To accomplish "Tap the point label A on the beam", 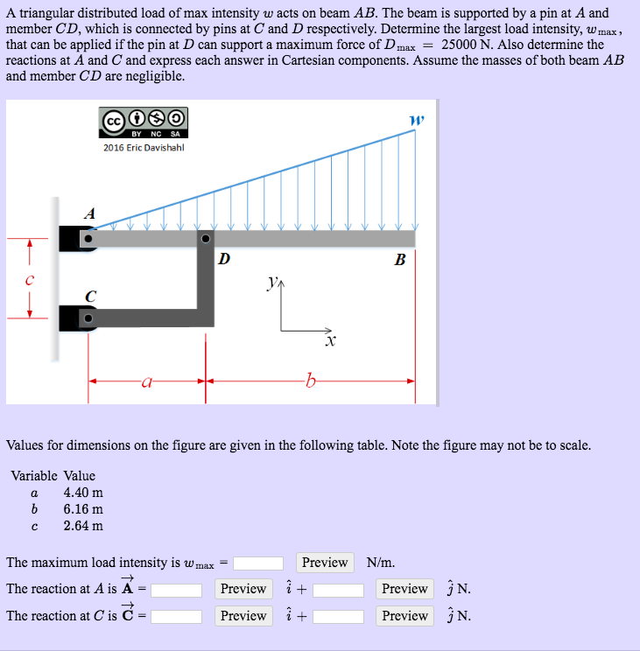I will [88, 213].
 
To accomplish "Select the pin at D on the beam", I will [206, 238].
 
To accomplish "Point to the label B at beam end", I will [399, 260].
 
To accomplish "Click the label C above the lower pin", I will [90, 296].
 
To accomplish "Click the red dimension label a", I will [146, 381].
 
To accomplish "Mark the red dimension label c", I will [29, 280].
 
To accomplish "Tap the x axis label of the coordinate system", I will [330, 341].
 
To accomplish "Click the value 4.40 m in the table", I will [83, 493].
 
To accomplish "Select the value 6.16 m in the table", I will [83, 509].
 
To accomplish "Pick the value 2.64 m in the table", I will [83, 526].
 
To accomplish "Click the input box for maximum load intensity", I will [258, 563].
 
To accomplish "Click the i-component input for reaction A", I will [177, 590].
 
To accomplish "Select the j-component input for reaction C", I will [338, 617].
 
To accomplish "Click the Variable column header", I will [34, 476].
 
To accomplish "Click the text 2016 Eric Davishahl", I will [144, 147].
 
